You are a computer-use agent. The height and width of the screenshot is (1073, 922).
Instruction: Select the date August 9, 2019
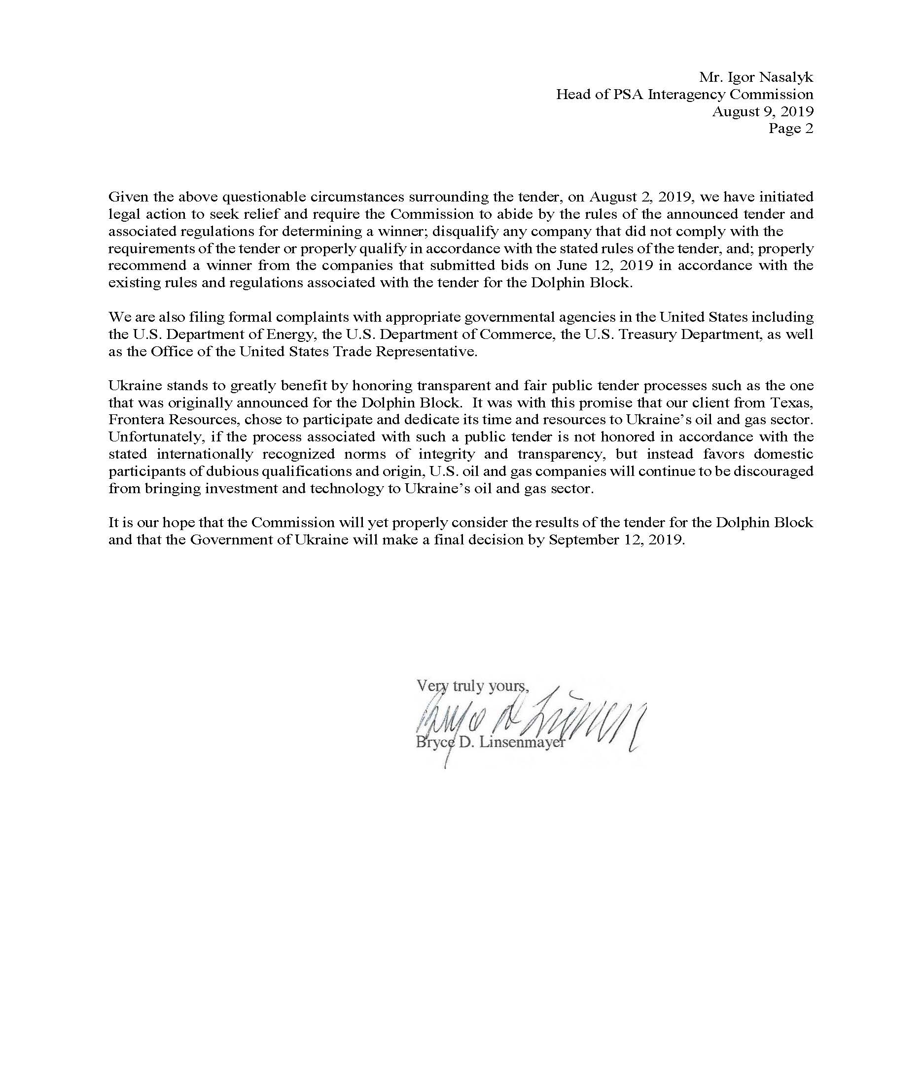[x=762, y=111]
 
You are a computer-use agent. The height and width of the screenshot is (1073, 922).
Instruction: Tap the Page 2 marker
[x=790, y=129]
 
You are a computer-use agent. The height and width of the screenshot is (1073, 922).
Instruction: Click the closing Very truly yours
[x=472, y=686]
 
